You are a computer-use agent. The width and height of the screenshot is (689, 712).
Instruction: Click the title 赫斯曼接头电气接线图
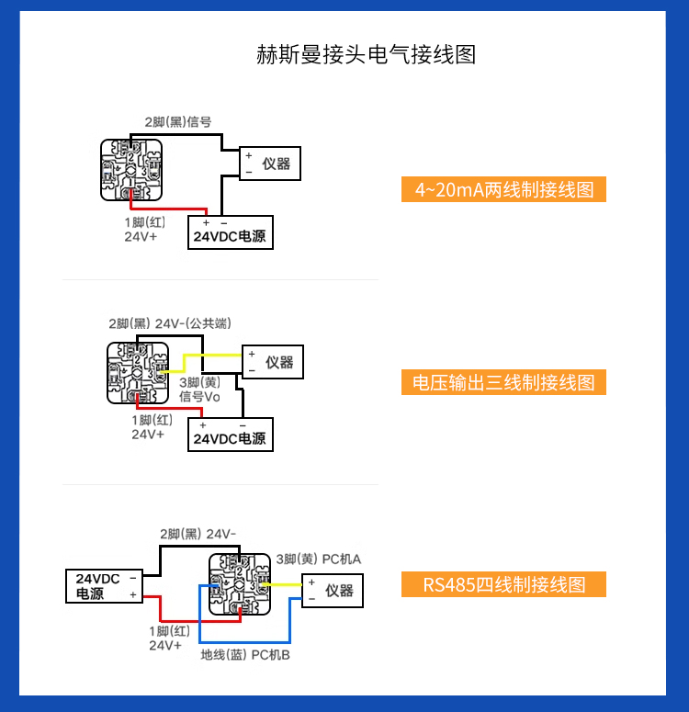366,54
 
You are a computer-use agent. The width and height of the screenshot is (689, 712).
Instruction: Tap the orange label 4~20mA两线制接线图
503,189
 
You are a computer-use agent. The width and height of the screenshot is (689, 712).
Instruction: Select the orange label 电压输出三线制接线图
503,382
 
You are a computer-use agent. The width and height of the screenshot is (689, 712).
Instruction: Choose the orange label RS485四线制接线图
503,584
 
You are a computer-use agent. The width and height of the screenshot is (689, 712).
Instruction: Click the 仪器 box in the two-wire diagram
270,164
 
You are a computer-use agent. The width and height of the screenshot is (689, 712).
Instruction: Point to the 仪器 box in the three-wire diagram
272,362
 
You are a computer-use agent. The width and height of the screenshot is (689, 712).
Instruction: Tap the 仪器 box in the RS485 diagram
333,590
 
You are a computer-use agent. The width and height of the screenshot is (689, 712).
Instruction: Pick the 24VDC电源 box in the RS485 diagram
105,586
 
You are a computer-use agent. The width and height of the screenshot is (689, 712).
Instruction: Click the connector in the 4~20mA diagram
131,170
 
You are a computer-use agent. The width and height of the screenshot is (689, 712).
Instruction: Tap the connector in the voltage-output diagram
138,373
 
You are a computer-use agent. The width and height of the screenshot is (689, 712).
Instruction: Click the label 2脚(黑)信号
177,121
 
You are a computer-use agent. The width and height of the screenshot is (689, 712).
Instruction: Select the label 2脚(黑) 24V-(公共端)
169,323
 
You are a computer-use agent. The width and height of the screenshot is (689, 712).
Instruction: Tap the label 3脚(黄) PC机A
318,559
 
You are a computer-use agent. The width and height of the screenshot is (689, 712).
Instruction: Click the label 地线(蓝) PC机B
245,655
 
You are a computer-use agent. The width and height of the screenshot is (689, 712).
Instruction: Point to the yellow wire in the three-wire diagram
211,355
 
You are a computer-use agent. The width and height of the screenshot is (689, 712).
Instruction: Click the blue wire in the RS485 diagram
200,625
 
